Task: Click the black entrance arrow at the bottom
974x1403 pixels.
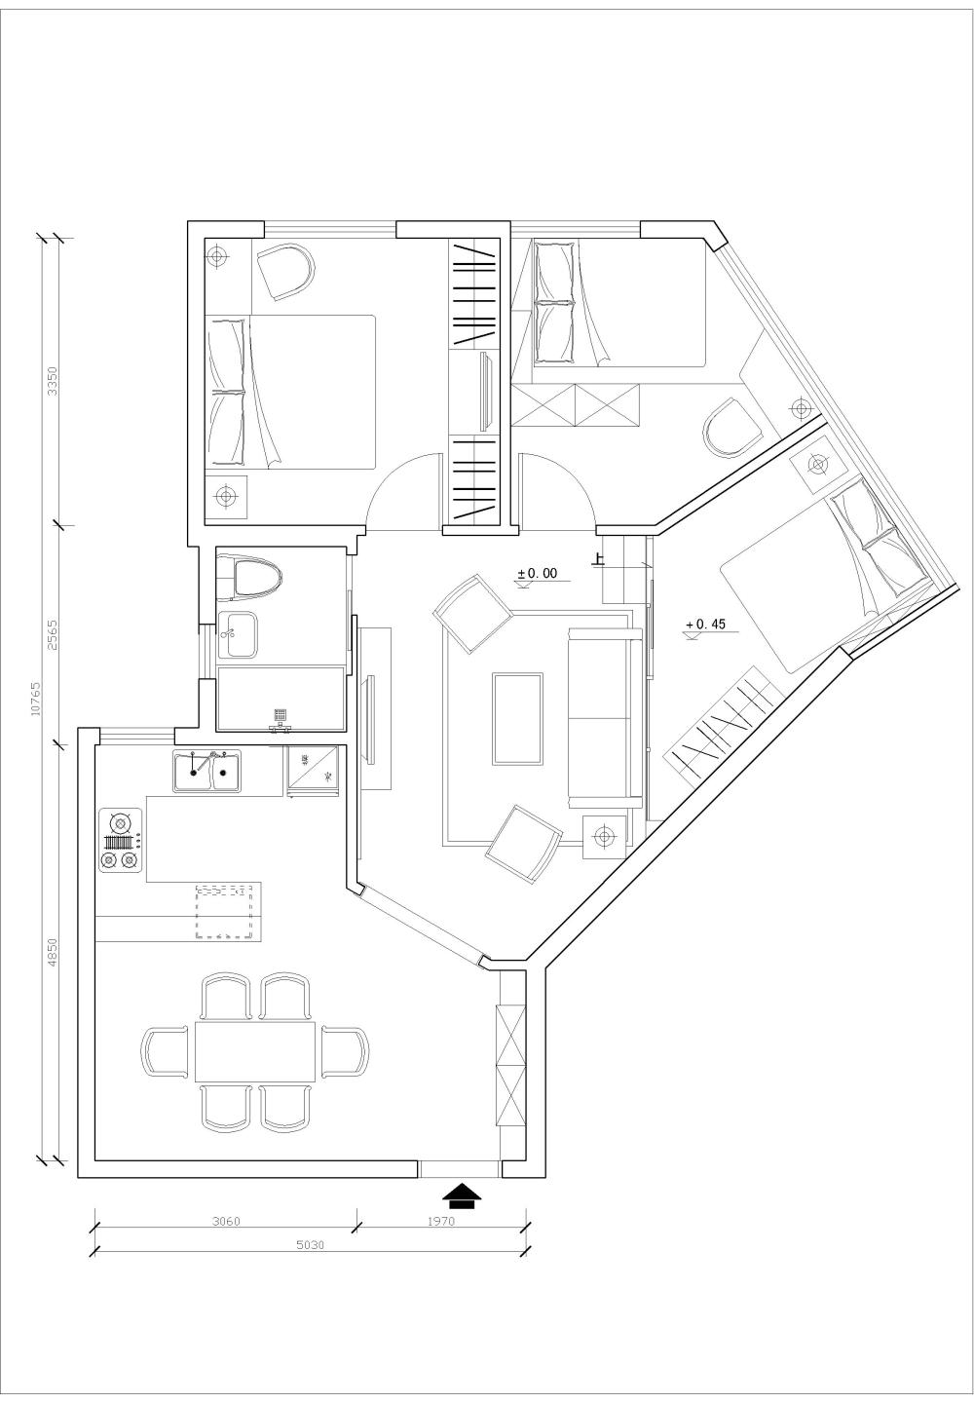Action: (462, 1195)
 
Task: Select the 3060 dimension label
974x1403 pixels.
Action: (226, 1221)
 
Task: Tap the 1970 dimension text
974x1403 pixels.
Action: (440, 1221)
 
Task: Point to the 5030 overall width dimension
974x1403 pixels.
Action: (310, 1244)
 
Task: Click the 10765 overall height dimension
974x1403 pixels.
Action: (36, 699)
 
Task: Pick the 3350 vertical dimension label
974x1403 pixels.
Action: (54, 379)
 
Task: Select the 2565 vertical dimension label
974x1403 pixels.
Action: (54, 634)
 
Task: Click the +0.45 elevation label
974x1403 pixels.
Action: (706, 625)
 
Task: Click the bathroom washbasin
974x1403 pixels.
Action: (237, 634)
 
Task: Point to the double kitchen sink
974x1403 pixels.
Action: (207, 772)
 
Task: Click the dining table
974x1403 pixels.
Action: (255, 1051)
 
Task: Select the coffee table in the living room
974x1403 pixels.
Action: (518, 718)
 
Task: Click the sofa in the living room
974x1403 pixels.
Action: (605, 718)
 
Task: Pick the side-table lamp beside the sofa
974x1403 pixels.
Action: (605, 836)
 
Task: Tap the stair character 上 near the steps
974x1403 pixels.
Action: (598, 560)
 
